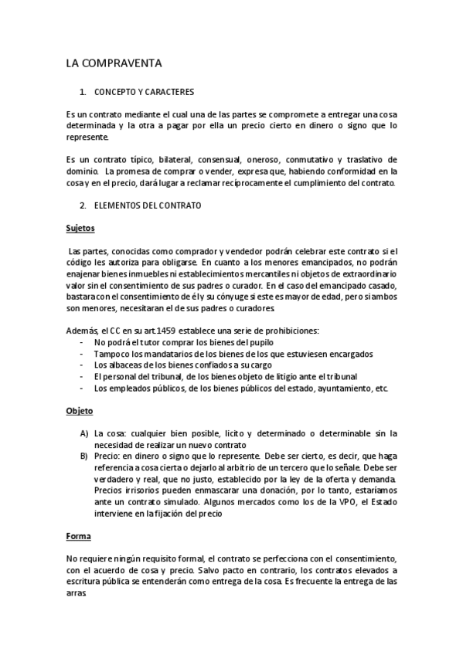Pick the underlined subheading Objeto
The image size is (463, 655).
pos(78,411)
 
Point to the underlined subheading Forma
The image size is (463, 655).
pos(78,535)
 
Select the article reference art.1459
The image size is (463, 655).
pos(148,331)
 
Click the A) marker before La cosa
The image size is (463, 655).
pos(83,433)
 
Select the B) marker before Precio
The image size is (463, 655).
pos(83,456)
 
